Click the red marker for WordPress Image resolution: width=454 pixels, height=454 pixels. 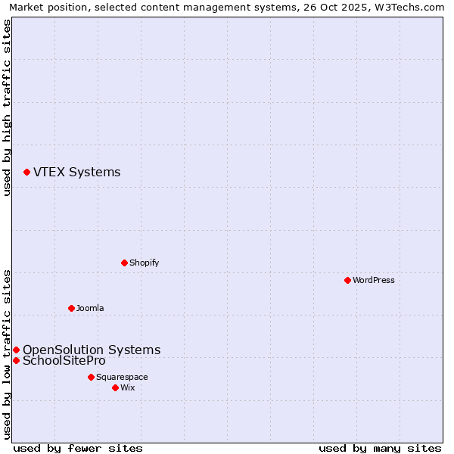click(347, 280)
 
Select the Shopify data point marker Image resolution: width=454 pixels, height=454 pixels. click(124, 263)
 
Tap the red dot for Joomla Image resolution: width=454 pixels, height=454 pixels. click(71, 308)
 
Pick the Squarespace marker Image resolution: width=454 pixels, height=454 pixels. click(91, 377)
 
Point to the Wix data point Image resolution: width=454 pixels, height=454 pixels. click(115, 387)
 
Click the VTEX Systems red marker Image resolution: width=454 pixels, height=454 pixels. click(26, 173)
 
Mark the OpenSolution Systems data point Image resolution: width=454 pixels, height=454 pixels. click(16, 350)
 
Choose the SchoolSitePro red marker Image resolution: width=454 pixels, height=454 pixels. click(16, 360)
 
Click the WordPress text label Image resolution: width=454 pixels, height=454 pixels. click(374, 280)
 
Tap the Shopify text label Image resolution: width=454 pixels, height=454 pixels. click(144, 263)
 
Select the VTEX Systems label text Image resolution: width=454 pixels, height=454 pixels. click(76, 173)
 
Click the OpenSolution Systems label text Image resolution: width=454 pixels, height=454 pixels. click(92, 350)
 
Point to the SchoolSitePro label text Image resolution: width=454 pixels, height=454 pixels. click(64, 361)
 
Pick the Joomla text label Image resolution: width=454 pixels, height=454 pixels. click(90, 308)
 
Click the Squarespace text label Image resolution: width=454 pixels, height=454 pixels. click(122, 377)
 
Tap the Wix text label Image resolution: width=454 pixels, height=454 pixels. click(127, 387)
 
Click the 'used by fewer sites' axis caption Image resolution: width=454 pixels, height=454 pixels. click(78, 448)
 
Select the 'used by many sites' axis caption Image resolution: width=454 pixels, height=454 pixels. click(380, 448)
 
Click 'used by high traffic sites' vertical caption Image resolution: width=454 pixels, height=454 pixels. click(7, 107)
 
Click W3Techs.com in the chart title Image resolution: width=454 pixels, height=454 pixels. click(406, 7)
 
